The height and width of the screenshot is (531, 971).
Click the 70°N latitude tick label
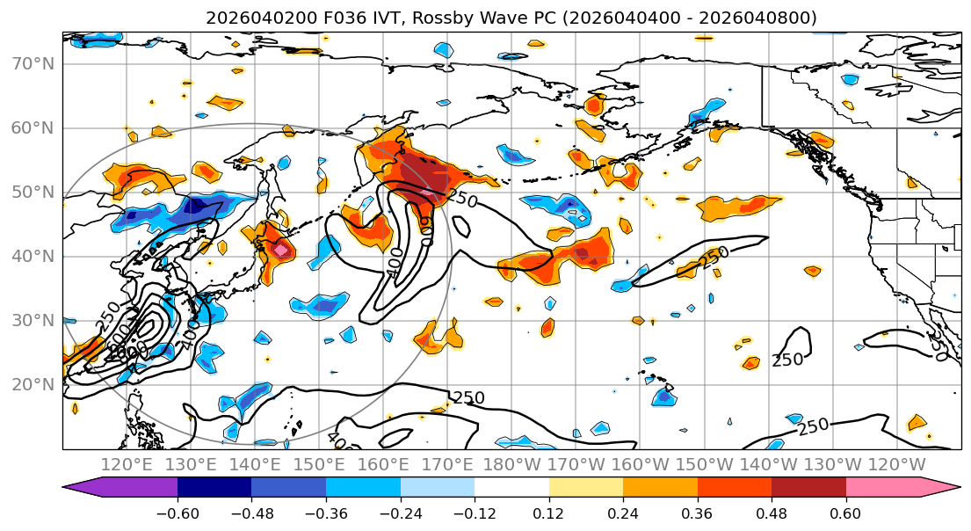click(x=33, y=64)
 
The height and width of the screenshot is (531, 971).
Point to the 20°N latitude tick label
click(x=33, y=385)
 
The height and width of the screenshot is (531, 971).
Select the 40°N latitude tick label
click(x=33, y=257)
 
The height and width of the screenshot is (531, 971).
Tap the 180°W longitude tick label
click(x=512, y=464)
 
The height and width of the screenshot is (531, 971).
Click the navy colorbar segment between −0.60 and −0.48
click(x=214, y=491)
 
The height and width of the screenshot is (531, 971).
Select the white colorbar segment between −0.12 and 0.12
click(x=511, y=491)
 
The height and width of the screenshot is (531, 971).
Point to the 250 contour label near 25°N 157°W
click(x=787, y=360)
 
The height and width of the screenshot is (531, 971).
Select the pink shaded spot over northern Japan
click(x=280, y=250)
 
